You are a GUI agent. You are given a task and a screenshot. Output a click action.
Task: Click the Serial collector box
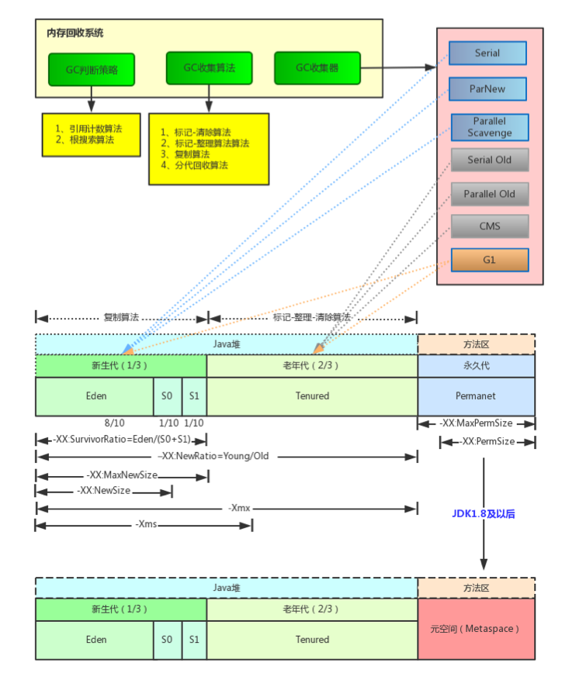(x=487, y=53)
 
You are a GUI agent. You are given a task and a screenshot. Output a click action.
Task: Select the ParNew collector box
(x=487, y=88)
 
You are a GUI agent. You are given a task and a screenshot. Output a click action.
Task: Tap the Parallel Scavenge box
(x=490, y=127)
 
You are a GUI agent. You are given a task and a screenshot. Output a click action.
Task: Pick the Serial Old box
(x=490, y=160)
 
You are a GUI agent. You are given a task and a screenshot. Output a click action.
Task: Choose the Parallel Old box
(x=490, y=194)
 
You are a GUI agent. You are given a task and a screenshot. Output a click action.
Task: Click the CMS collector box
(x=490, y=226)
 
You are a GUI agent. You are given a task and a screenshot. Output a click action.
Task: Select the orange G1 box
(x=490, y=260)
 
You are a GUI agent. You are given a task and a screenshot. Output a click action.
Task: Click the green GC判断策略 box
(x=91, y=70)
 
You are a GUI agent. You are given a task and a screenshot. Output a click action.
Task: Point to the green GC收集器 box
(x=317, y=68)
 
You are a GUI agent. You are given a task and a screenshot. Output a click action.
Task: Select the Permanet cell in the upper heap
(x=476, y=395)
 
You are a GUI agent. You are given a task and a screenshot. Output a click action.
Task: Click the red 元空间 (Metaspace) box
(x=476, y=628)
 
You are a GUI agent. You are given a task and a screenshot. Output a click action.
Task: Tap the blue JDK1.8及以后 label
(x=484, y=513)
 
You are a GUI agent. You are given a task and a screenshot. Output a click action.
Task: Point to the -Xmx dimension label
(x=238, y=509)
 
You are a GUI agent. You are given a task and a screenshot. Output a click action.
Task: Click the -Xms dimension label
(x=146, y=525)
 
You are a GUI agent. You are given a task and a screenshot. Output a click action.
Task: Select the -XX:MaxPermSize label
(x=476, y=424)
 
